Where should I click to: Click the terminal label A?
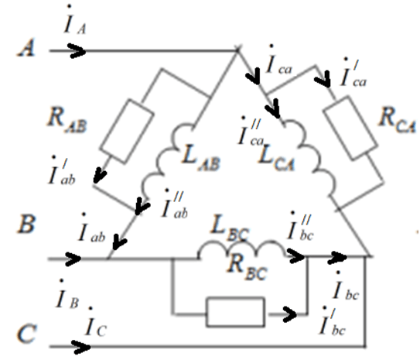(x=26, y=48)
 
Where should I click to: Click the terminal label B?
(x=26, y=224)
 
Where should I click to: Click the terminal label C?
(x=26, y=333)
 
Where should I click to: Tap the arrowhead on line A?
(x=77, y=50)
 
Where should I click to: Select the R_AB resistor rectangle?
(x=127, y=131)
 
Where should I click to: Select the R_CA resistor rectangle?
(x=350, y=128)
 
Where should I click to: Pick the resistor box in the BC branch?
(x=235, y=312)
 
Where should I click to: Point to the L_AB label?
(x=200, y=159)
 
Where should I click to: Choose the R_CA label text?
(x=398, y=121)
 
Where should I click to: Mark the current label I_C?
(x=96, y=323)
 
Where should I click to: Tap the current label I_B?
(x=67, y=294)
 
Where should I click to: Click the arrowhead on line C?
(x=81, y=347)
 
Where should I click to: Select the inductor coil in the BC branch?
(x=242, y=249)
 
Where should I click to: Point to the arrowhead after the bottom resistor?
(x=289, y=314)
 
